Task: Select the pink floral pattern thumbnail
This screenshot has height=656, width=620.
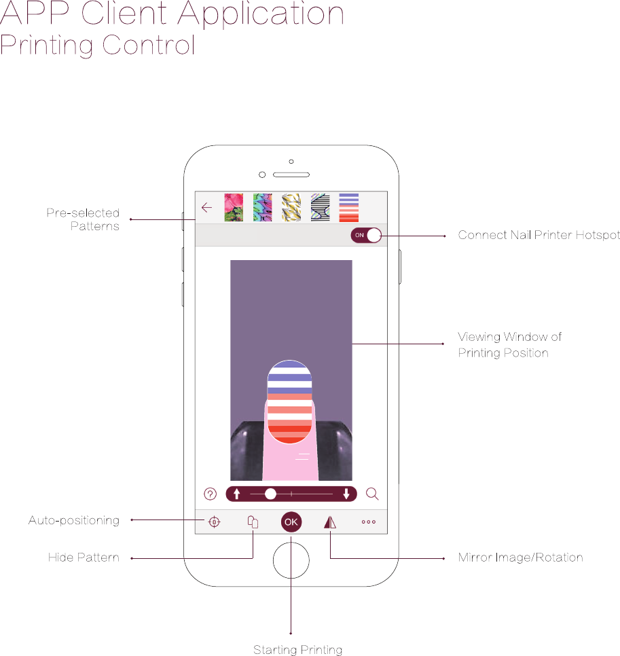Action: (234, 208)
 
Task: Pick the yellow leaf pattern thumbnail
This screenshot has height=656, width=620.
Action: (291, 208)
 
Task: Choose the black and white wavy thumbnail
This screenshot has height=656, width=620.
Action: (320, 208)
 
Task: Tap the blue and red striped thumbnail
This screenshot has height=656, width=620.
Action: (349, 208)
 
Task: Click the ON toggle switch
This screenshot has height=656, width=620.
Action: (366, 235)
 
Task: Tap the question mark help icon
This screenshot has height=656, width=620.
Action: (210, 494)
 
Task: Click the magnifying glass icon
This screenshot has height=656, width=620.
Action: (372, 494)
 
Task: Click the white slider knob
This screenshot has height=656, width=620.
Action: (270, 494)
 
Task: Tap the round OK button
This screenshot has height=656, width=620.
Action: (291, 522)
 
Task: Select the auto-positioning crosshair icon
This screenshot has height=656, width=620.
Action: (214, 522)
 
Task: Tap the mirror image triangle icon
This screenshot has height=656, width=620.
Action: (330, 522)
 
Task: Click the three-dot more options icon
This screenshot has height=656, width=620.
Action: (369, 522)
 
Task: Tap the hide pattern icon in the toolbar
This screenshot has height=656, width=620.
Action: (253, 522)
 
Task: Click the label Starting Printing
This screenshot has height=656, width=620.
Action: (297, 650)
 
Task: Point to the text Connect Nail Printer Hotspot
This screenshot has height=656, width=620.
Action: (539, 235)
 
